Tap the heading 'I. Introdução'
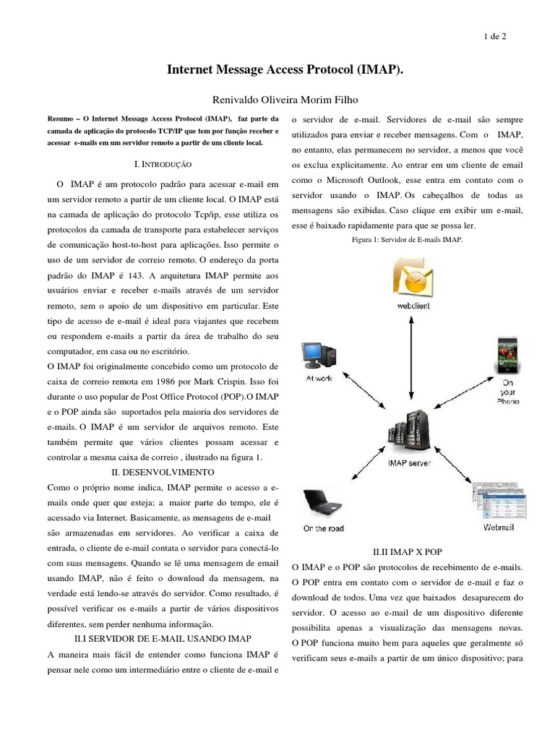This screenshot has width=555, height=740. point(163,165)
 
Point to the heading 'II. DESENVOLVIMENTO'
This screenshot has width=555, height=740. point(163,471)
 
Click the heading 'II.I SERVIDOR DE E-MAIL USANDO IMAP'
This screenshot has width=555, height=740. point(163,638)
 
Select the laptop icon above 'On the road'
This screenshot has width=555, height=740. point(322,502)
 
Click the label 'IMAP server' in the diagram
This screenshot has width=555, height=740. point(410,462)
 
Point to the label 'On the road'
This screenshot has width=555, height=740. point(323,529)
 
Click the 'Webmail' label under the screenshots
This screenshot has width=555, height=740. point(499,528)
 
